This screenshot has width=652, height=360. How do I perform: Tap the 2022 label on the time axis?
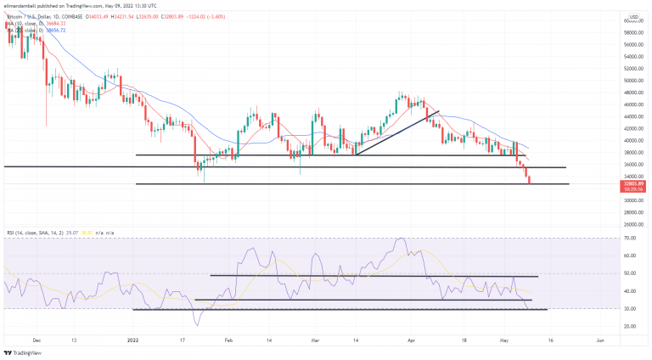133,338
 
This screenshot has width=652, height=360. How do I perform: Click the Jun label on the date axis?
601,338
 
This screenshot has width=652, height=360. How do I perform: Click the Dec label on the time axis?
37,338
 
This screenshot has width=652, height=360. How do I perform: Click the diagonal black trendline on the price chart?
396,132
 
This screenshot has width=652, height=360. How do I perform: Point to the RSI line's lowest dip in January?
198,323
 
